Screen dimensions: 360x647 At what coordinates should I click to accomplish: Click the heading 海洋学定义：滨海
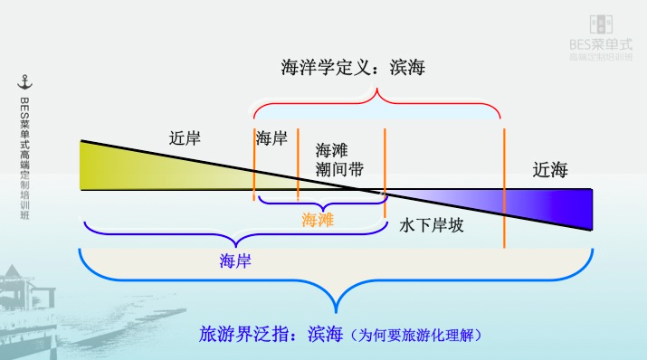(354, 69)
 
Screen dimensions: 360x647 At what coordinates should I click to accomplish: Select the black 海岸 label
(271, 138)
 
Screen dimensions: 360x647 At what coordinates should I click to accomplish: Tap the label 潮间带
(339, 168)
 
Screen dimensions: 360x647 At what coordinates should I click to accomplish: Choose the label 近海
(550, 169)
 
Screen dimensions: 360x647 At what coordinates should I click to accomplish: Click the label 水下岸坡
(432, 225)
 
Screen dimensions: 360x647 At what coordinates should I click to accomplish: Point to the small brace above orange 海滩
(321, 200)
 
